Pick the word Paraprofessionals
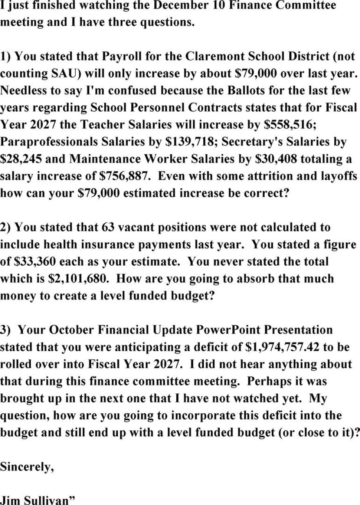click(57, 142)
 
